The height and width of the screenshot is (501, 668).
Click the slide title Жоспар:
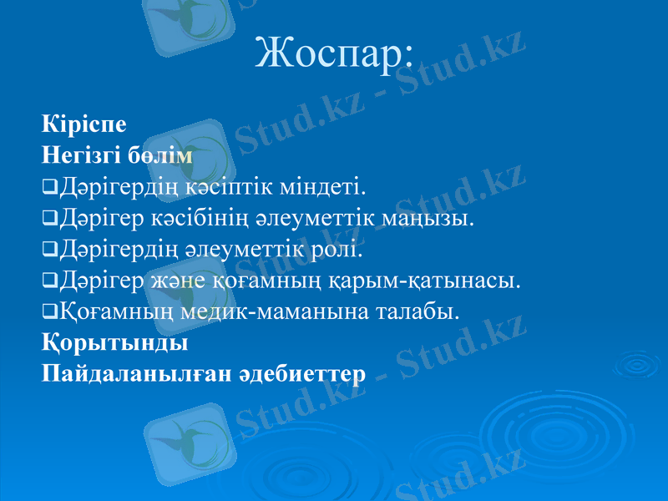[333, 54]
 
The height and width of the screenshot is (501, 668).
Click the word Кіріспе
[84, 125]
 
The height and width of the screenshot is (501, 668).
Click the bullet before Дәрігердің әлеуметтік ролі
[48, 250]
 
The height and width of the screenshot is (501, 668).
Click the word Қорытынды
[114, 343]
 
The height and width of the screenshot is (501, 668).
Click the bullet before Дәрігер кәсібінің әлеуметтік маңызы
[48, 219]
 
